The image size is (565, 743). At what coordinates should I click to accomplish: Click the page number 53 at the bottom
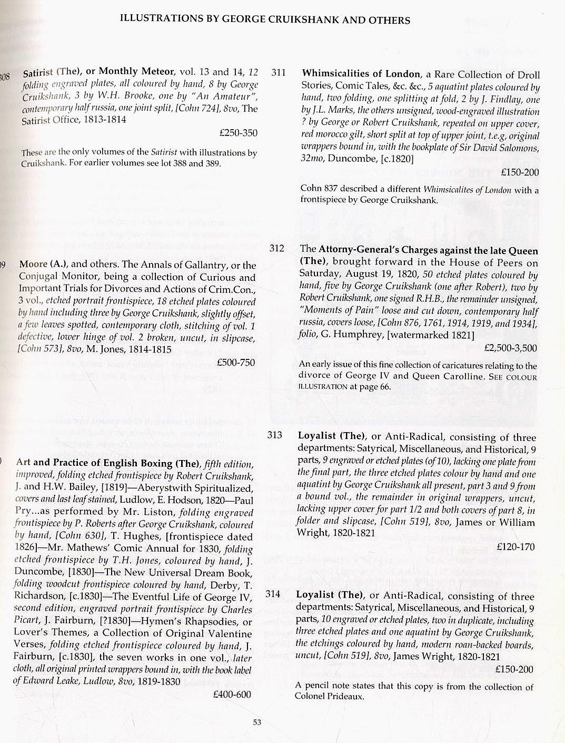(x=257, y=722)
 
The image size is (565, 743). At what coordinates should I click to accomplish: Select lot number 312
(x=276, y=248)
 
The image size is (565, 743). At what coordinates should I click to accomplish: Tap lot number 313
(x=274, y=435)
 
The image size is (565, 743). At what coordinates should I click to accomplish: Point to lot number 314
(x=273, y=594)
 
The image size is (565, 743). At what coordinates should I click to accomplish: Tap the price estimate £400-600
(x=232, y=695)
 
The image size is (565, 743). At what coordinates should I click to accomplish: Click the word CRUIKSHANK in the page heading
(x=300, y=20)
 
